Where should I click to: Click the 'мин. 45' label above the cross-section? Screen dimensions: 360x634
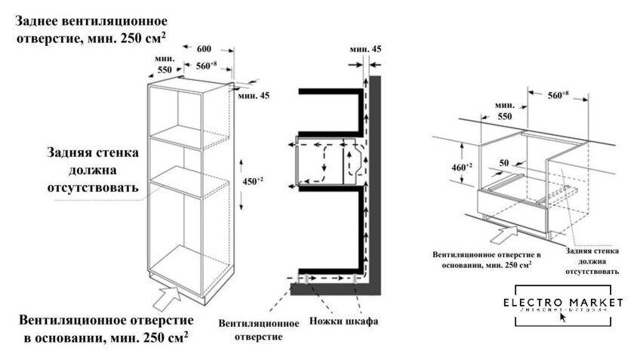(x=365, y=49)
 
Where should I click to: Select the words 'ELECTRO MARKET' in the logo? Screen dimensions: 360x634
(x=564, y=303)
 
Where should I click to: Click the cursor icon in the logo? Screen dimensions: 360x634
(x=562, y=316)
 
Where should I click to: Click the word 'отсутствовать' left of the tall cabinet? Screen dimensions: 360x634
(x=93, y=186)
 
